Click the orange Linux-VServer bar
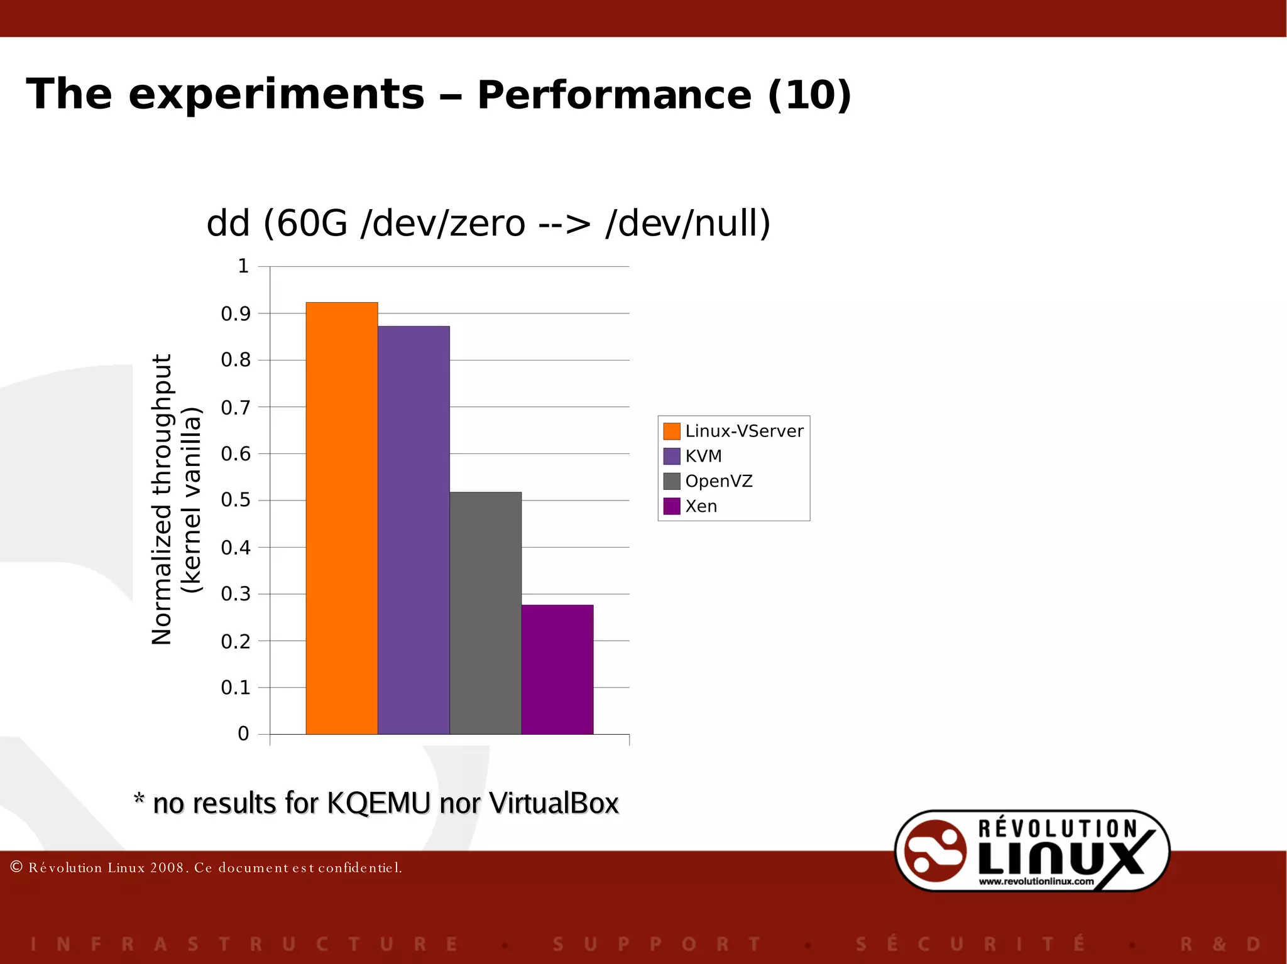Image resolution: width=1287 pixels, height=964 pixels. [x=341, y=518]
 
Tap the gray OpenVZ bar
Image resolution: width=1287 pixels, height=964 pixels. [x=485, y=613]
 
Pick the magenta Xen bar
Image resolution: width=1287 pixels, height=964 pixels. [x=557, y=669]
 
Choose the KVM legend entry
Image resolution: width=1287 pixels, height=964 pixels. [x=703, y=456]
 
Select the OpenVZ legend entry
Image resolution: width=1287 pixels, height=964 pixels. [x=718, y=481]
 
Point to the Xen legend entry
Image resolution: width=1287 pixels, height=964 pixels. [x=700, y=506]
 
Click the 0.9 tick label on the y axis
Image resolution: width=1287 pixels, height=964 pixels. [x=236, y=314]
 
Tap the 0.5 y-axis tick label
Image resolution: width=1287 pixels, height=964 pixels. [x=236, y=501]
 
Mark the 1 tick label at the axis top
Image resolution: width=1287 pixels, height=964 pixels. [x=243, y=266]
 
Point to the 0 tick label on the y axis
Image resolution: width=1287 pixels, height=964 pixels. [x=243, y=734]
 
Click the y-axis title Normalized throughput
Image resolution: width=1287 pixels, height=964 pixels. [x=162, y=499]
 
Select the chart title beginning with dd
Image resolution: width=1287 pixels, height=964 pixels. [x=488, y=223]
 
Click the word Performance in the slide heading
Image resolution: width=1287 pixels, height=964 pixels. [x=614, y=95]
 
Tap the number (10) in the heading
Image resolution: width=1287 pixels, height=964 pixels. [x=809, y=95]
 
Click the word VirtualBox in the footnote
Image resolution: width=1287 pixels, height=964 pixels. [x=554, y=803]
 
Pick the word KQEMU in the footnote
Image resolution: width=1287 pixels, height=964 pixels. [x=379, y=803]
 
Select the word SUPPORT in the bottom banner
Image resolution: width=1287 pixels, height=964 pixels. [x=657, y=944]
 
